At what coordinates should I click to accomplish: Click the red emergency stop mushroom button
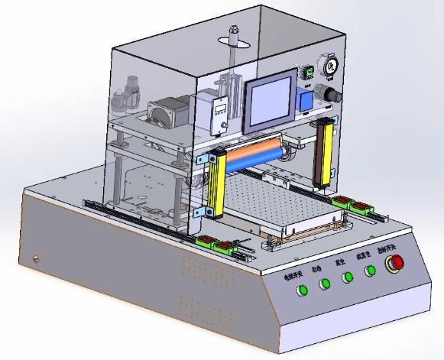(396, 264)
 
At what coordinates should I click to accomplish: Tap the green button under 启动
(325, 284)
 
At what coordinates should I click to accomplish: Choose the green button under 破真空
(371, 270)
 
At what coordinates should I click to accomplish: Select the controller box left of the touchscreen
(221, 115)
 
